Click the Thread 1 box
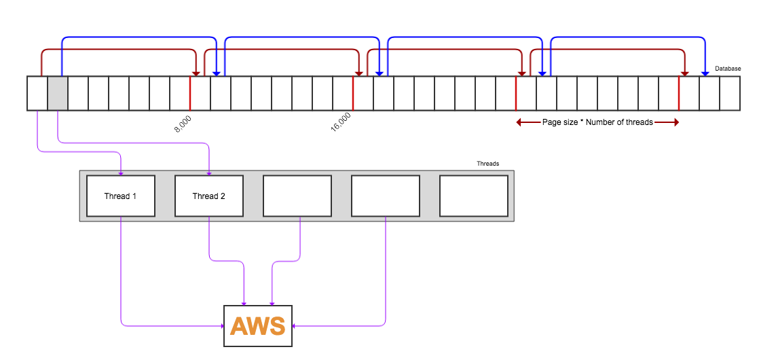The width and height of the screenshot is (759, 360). pos(121,196)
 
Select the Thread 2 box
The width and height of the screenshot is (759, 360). pos(209,196)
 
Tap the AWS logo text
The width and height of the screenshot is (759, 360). pos(258,327)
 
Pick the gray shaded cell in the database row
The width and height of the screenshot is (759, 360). pos(58,93)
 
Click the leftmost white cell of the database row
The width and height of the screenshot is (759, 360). pos(37,93)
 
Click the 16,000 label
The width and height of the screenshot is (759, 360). pos(341,123)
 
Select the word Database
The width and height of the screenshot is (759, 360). pos(728,69)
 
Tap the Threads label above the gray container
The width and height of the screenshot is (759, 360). pos(487,164)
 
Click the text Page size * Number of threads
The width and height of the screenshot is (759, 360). pos(597,122)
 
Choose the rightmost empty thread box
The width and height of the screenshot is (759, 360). pos(474,196)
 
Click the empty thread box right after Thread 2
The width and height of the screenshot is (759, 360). pos(297,196)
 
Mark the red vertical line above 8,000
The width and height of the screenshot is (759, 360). pos(190,93)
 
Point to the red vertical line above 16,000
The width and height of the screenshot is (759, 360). pos(353,93)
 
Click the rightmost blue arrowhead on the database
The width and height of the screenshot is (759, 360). pos(705,73)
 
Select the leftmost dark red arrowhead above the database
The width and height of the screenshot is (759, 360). pos(196,73)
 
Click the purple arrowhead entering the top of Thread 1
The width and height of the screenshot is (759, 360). pos(121,173)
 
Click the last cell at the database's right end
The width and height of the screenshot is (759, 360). pos(730,93)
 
